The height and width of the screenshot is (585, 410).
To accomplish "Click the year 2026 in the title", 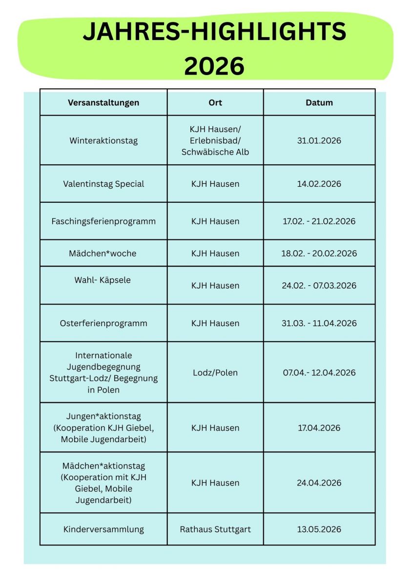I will pos(214,66).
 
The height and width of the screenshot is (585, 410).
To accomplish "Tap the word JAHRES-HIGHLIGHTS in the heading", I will pos(214,32).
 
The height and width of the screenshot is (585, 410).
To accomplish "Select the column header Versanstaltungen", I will pos(103,102).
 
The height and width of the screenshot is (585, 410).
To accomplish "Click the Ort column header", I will pos(215,102).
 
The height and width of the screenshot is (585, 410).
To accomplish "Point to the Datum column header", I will pos(319,102).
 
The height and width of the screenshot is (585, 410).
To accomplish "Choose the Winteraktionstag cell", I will pos(103,141).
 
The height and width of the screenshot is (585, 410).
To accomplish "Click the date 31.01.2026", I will pos(319,141).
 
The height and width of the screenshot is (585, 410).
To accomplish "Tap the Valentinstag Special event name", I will pos(103,184).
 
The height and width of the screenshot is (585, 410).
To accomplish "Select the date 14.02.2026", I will pos(319,184).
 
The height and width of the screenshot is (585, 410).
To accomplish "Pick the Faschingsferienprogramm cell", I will pos(103,221).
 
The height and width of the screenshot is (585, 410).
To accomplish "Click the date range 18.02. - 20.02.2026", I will pos(319,253).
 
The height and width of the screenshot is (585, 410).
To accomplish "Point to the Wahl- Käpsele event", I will pos(102,280).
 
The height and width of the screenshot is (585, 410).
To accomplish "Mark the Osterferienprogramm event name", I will pos(103,323).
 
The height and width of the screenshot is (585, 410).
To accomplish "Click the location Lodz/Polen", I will pos(215,372).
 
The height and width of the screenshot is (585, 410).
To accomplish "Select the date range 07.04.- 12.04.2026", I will pos(319,372).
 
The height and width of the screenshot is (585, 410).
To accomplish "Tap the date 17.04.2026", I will pos(319,428).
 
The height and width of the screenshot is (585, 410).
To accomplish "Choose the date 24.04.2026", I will pos(319,483).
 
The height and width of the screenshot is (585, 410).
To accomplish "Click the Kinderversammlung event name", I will pos(103,529).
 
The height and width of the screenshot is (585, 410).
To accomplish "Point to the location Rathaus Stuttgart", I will pos(215,529).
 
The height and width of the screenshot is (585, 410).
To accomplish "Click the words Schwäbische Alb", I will pos(215,152).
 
